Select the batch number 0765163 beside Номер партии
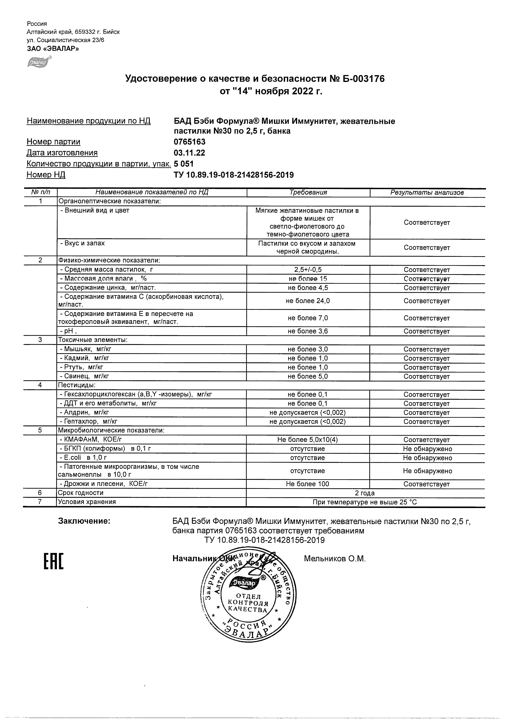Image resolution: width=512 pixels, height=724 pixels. point(189,142)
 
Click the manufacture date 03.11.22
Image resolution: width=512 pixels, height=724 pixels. point(189,153)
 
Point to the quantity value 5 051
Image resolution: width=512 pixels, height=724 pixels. point(184,164)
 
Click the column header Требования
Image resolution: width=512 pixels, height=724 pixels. point(308,192)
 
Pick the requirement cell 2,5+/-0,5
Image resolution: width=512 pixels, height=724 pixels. point(308,269)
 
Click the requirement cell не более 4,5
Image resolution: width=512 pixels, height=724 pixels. point(308,287)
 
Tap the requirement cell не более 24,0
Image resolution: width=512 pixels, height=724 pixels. point(308,301)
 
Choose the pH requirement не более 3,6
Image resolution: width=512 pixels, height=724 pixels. point(308,331)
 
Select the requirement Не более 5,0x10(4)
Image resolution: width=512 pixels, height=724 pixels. point(308,440)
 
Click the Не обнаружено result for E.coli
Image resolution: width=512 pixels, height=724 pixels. point(427,458)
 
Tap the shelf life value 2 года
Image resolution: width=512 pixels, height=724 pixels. point(365,493)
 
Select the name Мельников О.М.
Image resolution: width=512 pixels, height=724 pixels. point(335,559)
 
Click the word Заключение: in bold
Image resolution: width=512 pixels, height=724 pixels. point(84,521)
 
